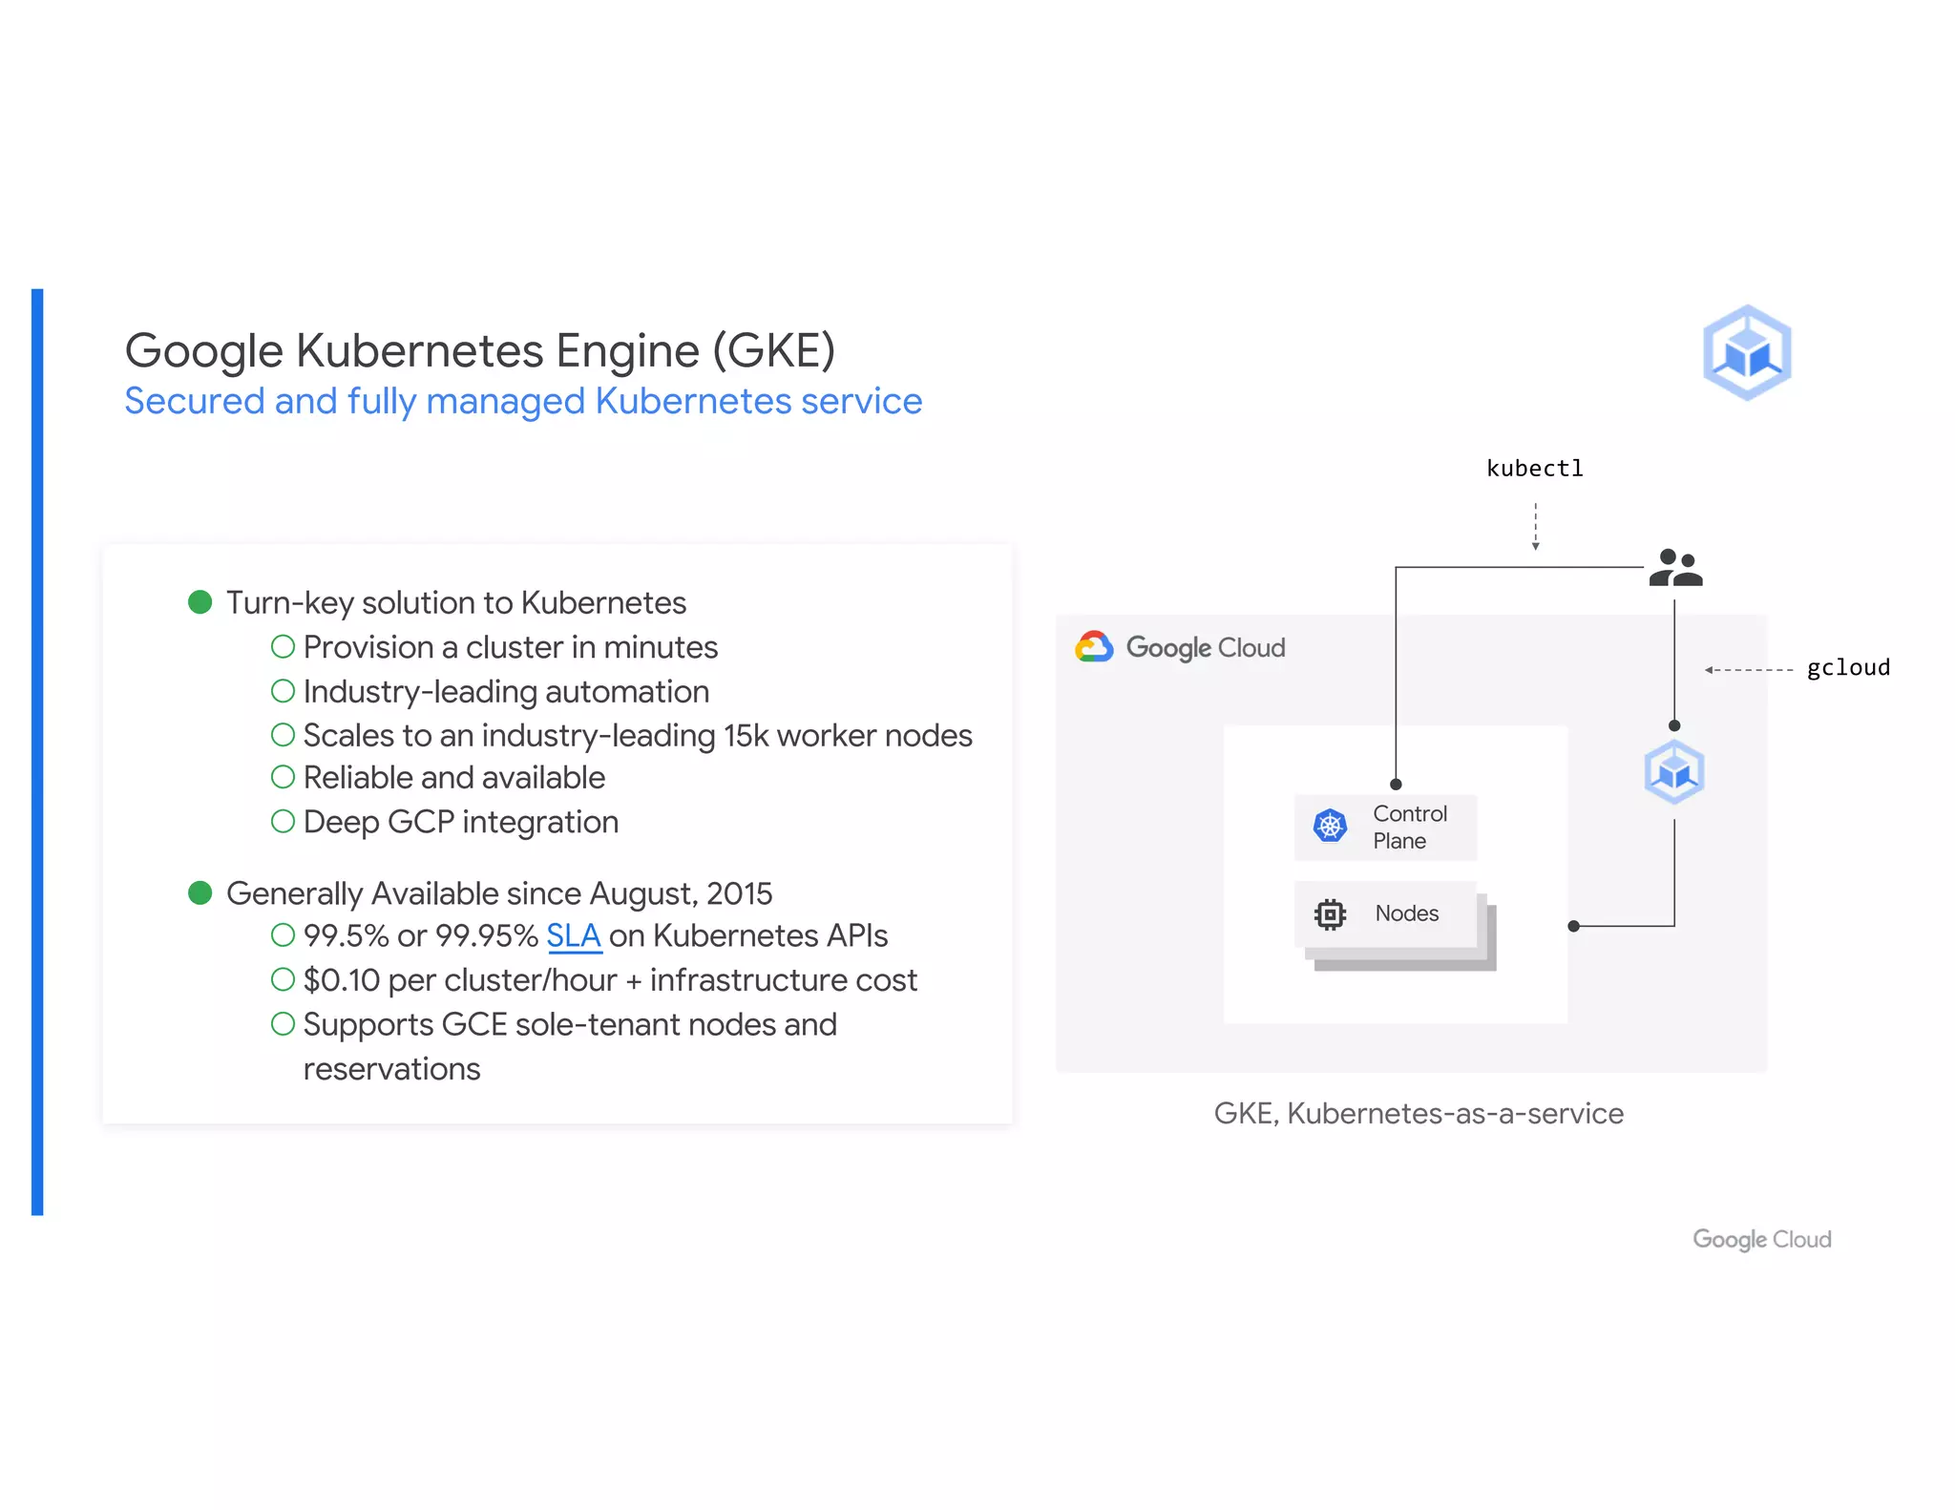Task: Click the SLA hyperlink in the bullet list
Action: [573, 936]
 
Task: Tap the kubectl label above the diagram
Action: [1534, 469]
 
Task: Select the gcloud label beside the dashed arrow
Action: [1847, 668]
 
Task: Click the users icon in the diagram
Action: [1675, 567]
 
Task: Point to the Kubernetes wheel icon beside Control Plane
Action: [1330, 826]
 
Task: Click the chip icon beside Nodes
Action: [1330, 914]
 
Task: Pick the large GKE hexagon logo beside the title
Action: [1747, 352]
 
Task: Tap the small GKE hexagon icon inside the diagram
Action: [1674, 771]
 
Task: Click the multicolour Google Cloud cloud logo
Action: [1094, 647]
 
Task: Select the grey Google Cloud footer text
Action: [1761, 1239]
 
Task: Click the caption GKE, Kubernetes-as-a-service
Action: [1419, 1113]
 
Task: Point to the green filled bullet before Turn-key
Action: [200, 602]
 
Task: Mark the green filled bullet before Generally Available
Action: [200, 892]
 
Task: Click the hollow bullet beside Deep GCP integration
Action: [283, 821]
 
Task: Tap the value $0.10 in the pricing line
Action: [341, 980]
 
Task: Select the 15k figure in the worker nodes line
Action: [746, 736]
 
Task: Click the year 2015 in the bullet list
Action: [740, 893]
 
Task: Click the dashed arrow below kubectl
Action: [1535, 527]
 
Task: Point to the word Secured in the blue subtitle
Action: [195, 402]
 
